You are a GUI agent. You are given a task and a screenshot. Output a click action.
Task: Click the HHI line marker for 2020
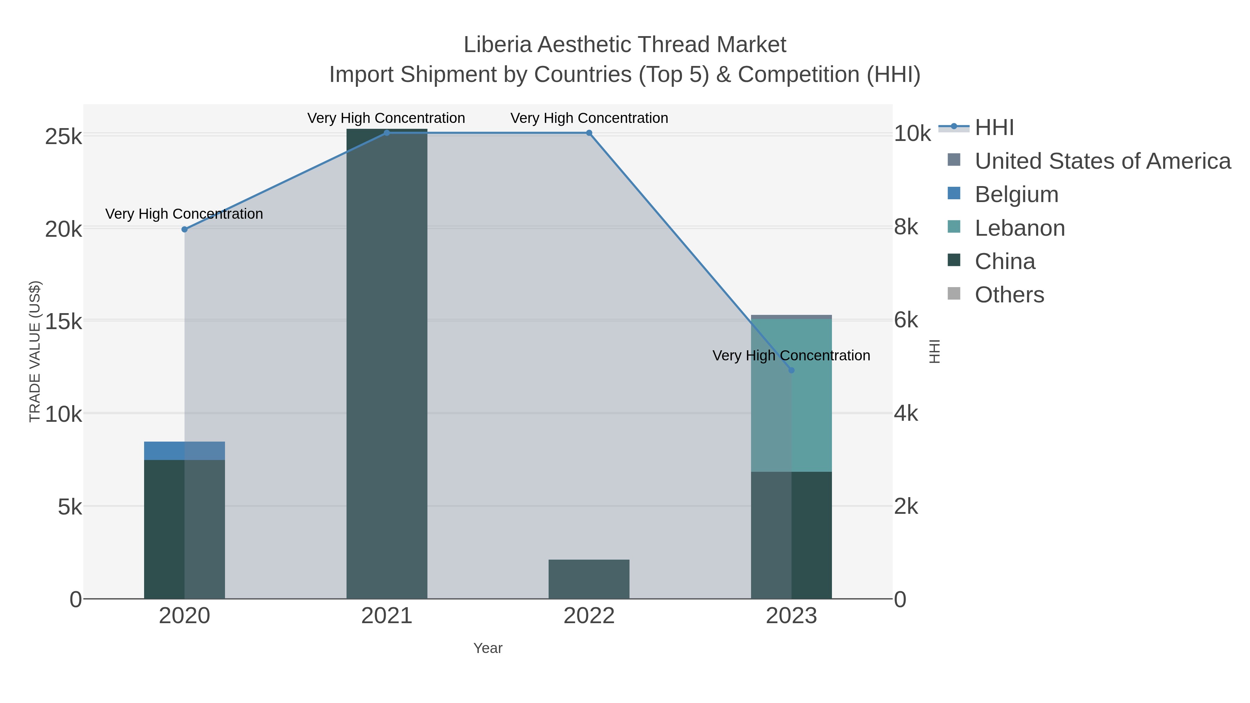click(184, 229)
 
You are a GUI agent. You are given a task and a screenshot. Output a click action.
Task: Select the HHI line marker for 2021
click(387, 133)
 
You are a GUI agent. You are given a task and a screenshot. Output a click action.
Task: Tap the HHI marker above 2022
click(589, 133)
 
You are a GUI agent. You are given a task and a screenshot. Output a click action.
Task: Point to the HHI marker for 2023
click(791, 370)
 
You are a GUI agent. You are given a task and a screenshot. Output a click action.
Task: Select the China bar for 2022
click(589, 579)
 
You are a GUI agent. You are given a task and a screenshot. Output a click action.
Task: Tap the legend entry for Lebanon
click(1019, 228)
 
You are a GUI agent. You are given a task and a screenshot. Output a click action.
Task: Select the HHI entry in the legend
click(994, 128)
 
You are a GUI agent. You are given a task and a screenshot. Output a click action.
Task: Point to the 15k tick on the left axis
click(63, 321)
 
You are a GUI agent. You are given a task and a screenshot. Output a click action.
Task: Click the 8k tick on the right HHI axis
click(906, 227)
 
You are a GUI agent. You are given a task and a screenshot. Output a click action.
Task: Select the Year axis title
click(488, 648)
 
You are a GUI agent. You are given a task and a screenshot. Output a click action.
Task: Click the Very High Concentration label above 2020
click(184, 214)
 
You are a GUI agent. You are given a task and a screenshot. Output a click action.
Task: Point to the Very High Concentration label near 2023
click(791, 355)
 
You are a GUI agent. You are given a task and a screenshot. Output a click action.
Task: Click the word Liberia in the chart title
click(498, 45)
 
